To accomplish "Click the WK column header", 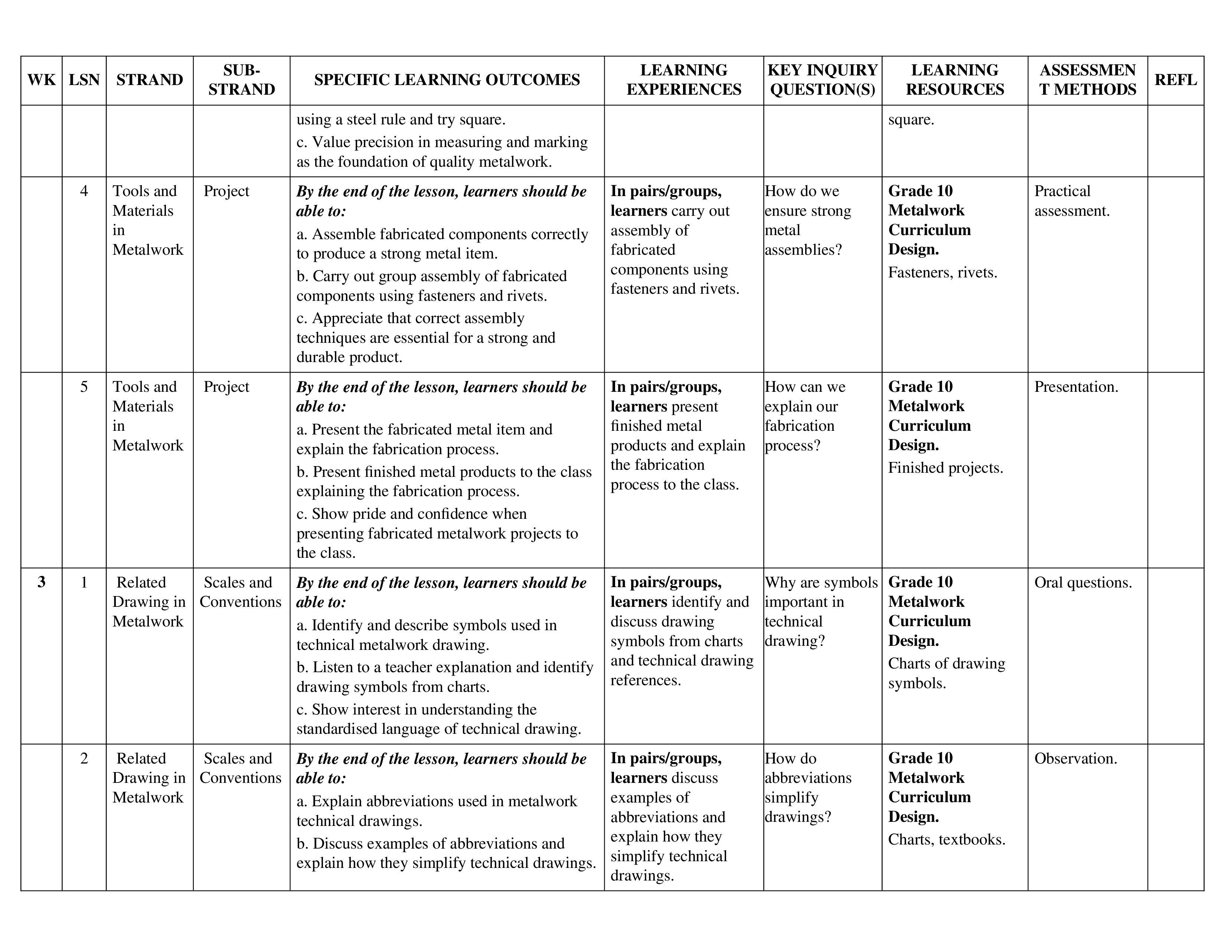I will coord(42,80).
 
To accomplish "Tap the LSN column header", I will coord(84,80).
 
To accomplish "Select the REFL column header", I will coord(1175,80).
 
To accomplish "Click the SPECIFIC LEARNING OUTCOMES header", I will coord(447,80).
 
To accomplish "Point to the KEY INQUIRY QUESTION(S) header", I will coord(822,80).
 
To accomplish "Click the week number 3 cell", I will coord(42,582).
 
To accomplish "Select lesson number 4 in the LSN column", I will coord(84,191).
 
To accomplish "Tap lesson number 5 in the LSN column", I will coord(84,387).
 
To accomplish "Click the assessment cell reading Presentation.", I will coord(1076,387).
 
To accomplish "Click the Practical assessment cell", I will coord(1071,201).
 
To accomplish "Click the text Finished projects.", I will coord(945,468).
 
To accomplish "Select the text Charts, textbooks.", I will coord(946,840).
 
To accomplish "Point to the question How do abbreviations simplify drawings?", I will coord(808,788).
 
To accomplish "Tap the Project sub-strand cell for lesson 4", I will coord(226,191).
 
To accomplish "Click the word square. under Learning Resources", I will coord(911,120).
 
